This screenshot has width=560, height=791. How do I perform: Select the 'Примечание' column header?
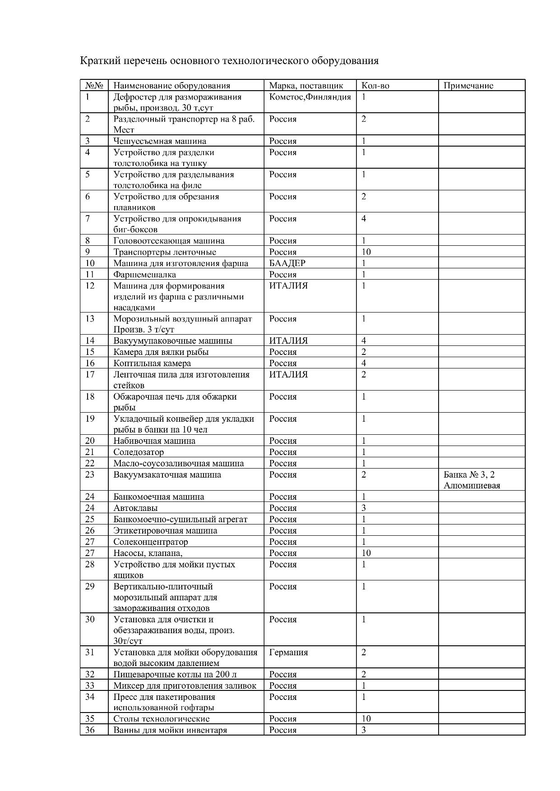[x=468, y=86]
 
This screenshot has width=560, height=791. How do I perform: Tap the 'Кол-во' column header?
[x=375, y=86]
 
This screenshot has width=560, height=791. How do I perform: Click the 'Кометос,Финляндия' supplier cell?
[x=310, y=97]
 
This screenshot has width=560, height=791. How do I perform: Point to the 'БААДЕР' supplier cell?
[x=287, y=263]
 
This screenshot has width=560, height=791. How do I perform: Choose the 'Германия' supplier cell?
[x=288, y=653]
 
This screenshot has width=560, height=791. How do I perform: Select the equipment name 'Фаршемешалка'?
[x=144, y=275]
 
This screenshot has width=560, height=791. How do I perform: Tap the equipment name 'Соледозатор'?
[x=139, y=452]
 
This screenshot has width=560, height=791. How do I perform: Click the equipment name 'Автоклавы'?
[x=135, y=508]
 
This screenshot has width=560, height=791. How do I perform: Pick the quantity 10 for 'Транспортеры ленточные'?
[x=366, y=252]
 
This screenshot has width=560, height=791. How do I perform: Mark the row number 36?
[x=90, y=730]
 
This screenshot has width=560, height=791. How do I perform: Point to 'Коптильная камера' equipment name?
[x=152, y=363]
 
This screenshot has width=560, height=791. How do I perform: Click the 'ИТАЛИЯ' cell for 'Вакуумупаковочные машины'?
[x=288, y=341]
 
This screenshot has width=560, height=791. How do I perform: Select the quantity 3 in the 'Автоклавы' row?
[x=364, y=508]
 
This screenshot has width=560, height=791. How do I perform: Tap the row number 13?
[x=90, y=319]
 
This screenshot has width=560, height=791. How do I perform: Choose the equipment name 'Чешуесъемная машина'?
[x=160, y=141]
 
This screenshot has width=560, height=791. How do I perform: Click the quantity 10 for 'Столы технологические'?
[x=366, y=719]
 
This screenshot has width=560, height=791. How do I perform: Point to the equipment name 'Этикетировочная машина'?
[x=165, y=531]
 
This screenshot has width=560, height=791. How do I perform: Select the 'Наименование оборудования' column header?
[x=171, y=86]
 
